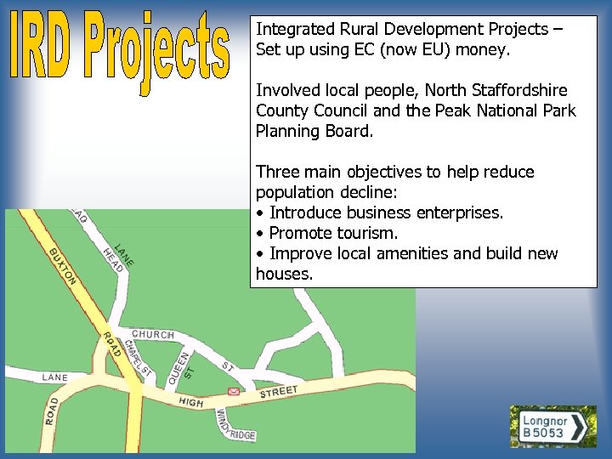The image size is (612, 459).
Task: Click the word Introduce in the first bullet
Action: [304, 213]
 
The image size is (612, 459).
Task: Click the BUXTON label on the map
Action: [63, 266]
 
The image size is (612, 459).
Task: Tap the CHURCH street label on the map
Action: [153, 335]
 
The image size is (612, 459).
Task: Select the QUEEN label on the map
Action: [176, 365]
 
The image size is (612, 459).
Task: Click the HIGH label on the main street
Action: [191, 401]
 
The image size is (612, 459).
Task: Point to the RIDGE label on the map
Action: [241, 433]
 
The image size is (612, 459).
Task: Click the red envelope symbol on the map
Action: [233, 392]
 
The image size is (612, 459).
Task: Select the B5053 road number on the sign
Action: [542, 433]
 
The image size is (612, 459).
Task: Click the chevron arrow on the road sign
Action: [580, 428]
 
